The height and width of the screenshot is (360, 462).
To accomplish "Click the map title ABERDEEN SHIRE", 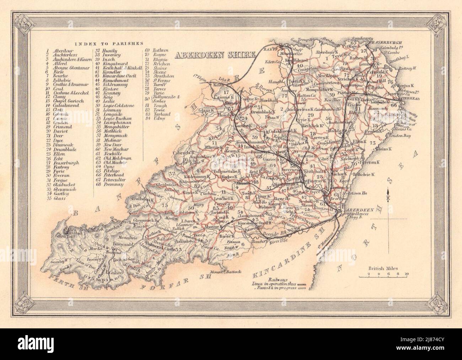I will click(215, 55).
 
